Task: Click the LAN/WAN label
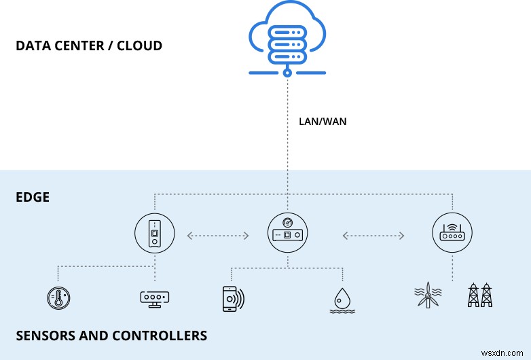click(x=322, y=122)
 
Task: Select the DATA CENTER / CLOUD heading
click(x=89, y=47)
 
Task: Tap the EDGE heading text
click(x=33, y=198)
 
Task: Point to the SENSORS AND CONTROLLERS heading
click(x=111, y=336)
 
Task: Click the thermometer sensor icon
click(x=58, y=298)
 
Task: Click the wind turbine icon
click(x=428, y=295)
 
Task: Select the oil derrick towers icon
click(x=481, y=295)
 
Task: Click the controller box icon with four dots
click(x=155, y=298)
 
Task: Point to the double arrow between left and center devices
click(x=217, y=236)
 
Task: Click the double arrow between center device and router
click(x=373, y=236)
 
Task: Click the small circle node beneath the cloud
click(x=287, y=71)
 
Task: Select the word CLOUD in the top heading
click(x=139, y=47)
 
